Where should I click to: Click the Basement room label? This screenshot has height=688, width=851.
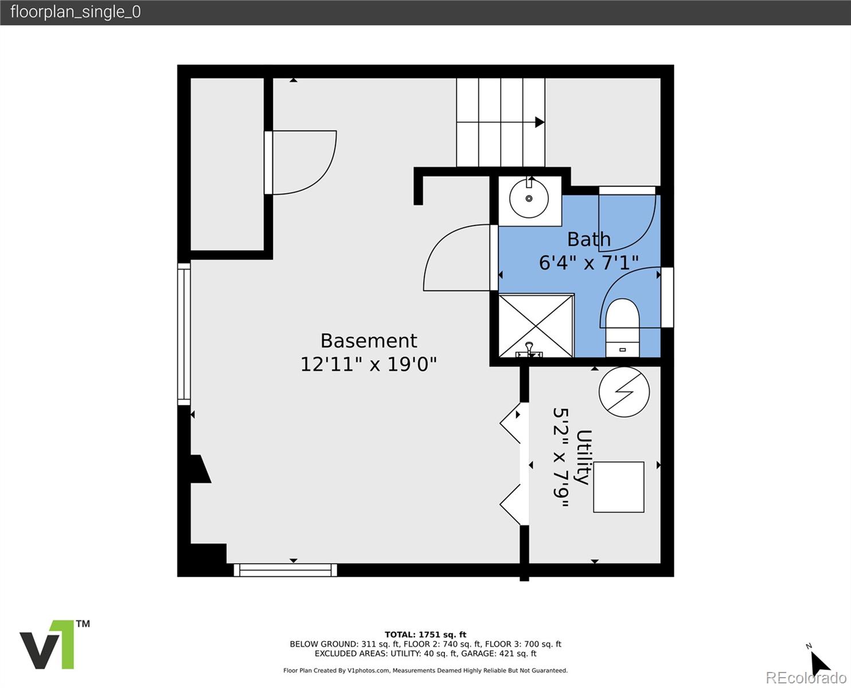pos(369,341)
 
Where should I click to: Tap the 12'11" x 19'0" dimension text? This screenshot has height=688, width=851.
pos(368,364)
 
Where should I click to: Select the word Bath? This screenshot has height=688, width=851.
pos(589,239)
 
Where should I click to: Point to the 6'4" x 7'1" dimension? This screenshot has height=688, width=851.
pos(589,263)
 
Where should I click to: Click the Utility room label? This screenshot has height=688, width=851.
pos(584,457)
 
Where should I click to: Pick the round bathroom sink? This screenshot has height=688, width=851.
pos(529,198)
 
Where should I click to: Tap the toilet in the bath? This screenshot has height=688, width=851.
pos(622,327)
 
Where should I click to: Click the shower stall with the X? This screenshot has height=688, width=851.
pos(536,326)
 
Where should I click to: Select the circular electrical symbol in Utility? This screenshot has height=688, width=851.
pos(624,392)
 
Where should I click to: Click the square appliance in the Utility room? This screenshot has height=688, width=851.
pos(619,487)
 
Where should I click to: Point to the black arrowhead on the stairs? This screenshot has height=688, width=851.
pos(540,122)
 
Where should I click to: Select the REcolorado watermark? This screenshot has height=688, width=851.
pos(806,678)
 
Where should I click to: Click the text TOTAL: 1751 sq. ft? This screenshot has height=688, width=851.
pos(425,635)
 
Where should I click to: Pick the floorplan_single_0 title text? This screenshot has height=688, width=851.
pos(76,12)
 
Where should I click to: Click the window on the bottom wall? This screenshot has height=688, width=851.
pos(285,570)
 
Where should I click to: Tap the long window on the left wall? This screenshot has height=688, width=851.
pos(184,334)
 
